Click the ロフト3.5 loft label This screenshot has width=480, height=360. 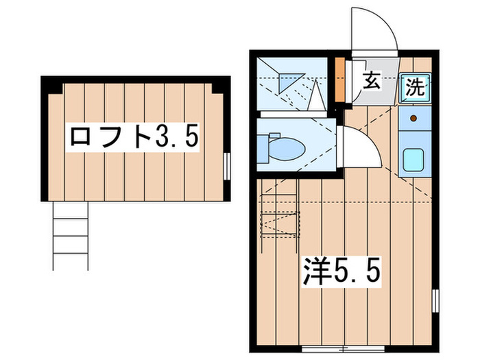[133, 137]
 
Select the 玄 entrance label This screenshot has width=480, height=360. [371, 81]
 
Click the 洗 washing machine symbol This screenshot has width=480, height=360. [416, 87]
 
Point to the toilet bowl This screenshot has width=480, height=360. [289, 147]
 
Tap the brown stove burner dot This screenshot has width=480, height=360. [414, 118]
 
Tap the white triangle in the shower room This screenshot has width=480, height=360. [316, 96]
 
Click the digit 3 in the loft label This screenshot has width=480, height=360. [163, 137]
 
